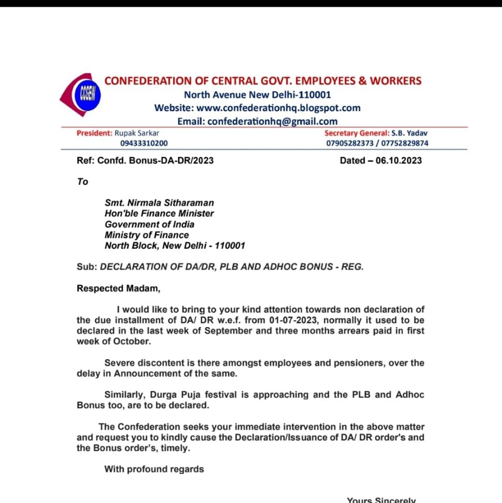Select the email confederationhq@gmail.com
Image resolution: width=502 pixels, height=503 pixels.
(272, 121)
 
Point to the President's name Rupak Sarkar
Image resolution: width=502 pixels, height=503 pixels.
(137, 133)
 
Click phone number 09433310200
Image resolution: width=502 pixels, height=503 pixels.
(144, 143)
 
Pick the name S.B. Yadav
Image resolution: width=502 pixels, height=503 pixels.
(409, 133)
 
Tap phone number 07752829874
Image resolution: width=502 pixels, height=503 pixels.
(405, 143)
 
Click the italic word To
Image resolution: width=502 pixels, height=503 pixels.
(83, 182)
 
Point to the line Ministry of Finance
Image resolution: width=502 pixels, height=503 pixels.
(147, 235)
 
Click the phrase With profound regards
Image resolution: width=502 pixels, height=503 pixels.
(154, 469)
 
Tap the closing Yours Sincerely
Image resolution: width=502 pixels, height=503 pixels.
(381, 500)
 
